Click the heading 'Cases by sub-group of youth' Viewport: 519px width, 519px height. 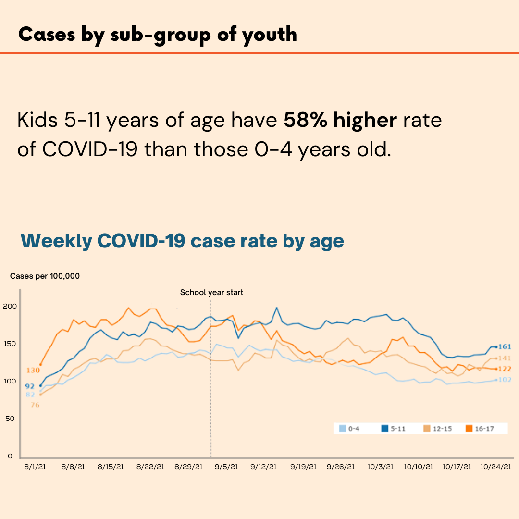tap(158, 35)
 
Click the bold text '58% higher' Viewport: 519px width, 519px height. tap(340, 120)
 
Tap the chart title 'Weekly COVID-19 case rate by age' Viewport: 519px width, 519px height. tap(182, 241)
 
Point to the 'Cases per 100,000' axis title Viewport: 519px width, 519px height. tap(45, 276)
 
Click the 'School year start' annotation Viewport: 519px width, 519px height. tap(211, 292)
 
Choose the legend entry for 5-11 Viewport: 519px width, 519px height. tap(393, 428)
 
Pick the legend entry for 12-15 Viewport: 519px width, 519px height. tap(437, 428)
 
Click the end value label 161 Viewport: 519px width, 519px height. tap(504, 347)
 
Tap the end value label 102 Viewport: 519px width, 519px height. tap(504, 380)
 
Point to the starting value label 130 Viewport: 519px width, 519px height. tap(33, 371)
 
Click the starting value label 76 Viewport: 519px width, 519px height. tap(35, 405)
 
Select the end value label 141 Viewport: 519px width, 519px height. tap(504, 358)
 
